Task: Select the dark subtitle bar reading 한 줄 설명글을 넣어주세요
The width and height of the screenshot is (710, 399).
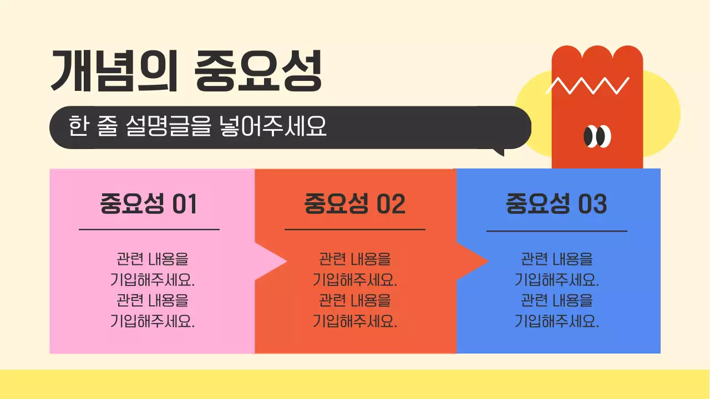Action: click(288, 127)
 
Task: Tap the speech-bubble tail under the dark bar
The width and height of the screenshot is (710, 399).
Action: click(499, 151)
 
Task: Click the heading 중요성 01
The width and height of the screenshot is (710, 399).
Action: click(149, 204)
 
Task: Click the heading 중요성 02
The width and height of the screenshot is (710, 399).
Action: click(354, 204)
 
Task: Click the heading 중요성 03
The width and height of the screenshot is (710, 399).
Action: click(556, 204)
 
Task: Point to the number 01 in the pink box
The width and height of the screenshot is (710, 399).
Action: click(185, 204)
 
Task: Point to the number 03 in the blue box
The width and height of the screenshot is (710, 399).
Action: click(592, 204)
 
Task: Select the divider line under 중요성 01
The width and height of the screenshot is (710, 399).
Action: click(149, 229)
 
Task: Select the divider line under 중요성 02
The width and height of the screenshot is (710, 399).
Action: click(354, 229)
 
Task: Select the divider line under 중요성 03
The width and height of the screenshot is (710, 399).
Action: click(556, 231)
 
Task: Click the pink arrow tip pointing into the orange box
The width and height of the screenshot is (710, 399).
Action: click(277, 261)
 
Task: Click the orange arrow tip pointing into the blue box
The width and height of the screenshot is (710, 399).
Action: click(479, 261)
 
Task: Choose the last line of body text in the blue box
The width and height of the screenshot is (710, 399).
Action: click(557, 321)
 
